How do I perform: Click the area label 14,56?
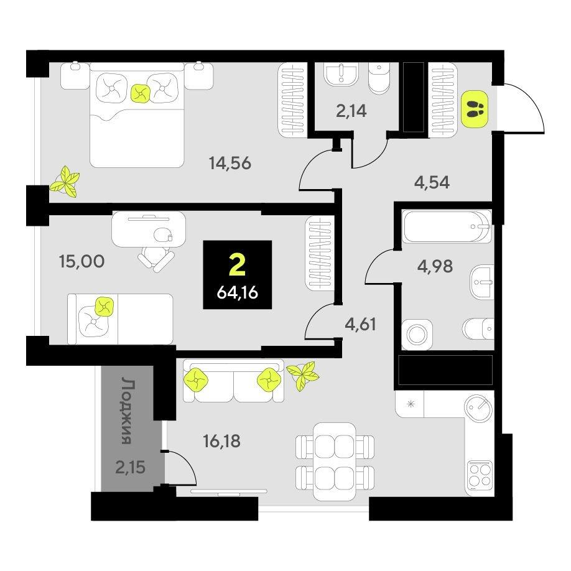230,163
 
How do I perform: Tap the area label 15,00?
81,261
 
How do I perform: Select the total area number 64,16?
238,292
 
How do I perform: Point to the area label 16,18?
222,441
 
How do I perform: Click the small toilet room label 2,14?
351,111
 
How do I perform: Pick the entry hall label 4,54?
432,182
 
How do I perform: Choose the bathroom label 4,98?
435,266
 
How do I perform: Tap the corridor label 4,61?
361,323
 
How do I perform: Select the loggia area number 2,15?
131,467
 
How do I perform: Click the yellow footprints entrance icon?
475,109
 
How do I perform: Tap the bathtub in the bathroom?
447,227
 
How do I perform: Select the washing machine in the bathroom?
417,334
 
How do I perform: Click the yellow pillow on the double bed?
140,93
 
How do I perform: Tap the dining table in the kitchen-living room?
334,462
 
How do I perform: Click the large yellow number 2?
238,265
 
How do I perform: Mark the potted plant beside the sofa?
303,375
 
